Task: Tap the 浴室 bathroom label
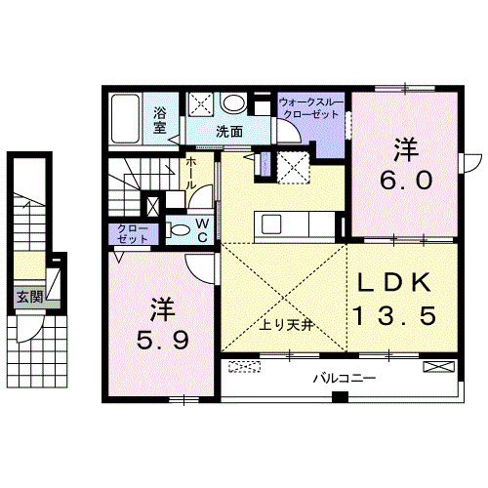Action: tap(160, 119)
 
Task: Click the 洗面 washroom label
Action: tap(229, 131)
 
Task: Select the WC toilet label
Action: tap(202, 229)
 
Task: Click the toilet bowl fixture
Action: tap(180, 230)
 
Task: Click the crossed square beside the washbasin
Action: tap(202, 104)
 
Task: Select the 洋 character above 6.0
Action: tap(405, 149)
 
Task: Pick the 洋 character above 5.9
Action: tap(162, 310)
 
